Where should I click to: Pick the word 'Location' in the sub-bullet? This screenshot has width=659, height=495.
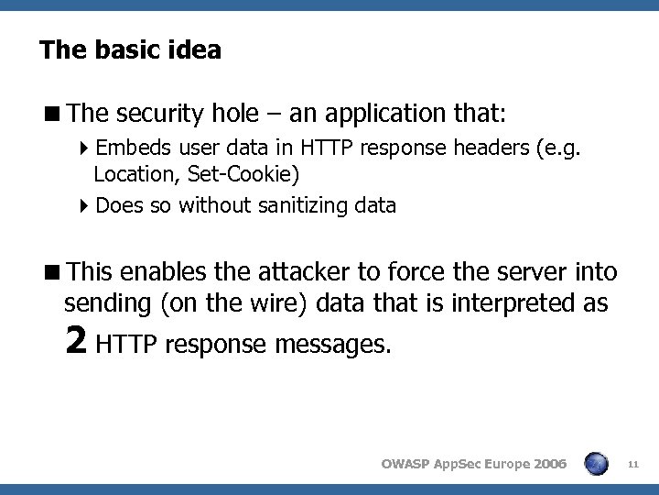pyautogui.click(x=129, y=172)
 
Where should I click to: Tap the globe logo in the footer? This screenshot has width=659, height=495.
pyautogui.click(x=596, y=464)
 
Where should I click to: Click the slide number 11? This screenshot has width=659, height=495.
pyautogui.click(x=632, y=465)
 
